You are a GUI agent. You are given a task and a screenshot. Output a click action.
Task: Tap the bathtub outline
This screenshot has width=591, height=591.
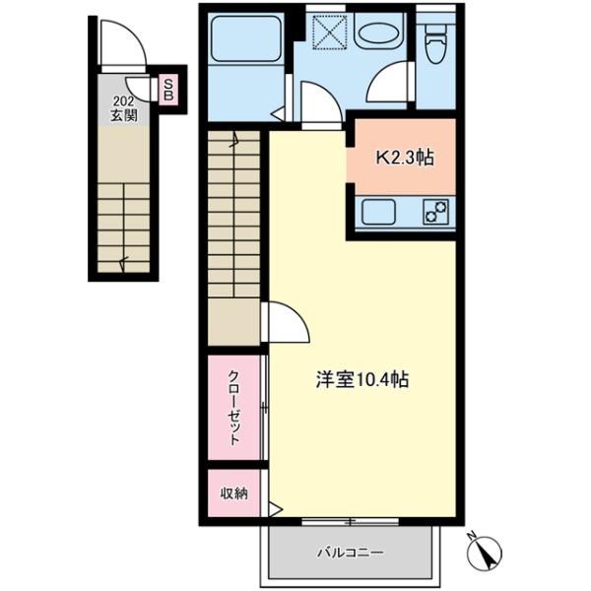pos(246,37)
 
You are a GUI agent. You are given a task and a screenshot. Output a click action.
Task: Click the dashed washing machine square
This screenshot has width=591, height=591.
pos(330,32)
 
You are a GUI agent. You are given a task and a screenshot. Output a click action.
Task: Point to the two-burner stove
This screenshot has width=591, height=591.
pos(435,212)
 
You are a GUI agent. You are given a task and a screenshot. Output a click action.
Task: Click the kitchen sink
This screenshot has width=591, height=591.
pos(378,212)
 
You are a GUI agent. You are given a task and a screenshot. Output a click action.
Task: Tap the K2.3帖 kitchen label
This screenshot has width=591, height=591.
pos(405,159)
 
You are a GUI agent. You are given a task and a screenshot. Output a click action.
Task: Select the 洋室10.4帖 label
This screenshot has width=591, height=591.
pos(361,379)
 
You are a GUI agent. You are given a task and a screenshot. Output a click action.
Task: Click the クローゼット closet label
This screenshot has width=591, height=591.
pos(234,408)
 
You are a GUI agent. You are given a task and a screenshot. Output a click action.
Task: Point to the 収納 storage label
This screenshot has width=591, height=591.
pos(234,493)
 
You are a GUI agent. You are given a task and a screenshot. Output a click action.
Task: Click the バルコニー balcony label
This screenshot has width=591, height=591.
pos(350,553)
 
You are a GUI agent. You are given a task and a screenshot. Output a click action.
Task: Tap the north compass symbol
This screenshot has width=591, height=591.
pos(484,552)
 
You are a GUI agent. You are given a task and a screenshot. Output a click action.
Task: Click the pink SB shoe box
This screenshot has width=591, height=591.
pos(168,90)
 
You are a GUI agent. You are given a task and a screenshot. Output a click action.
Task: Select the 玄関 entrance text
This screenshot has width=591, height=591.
pos(124,115)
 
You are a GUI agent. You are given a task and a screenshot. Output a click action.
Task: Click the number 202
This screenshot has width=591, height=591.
pos(124,101)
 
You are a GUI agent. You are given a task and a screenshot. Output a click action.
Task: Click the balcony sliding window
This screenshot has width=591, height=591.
pos(350,522)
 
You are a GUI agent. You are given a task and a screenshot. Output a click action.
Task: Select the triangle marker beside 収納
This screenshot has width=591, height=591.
pos(276,510)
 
